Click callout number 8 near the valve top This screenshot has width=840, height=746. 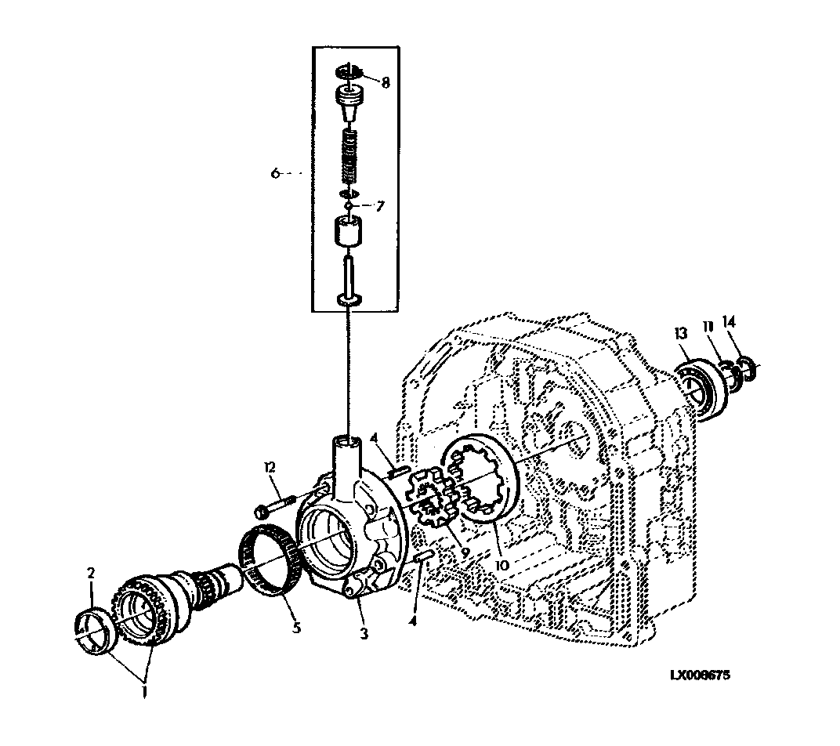[386, 82]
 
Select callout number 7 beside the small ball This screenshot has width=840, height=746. [380, 206]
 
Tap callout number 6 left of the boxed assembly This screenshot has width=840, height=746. [275, 173]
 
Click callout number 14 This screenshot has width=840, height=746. [729, 321]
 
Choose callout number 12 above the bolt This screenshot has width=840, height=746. [270, 467]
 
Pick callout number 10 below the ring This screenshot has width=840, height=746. [502, 566]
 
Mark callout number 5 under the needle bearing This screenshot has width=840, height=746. [296, 627]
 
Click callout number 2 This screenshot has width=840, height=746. [91, 574]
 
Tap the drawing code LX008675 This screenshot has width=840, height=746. [701, 675]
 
